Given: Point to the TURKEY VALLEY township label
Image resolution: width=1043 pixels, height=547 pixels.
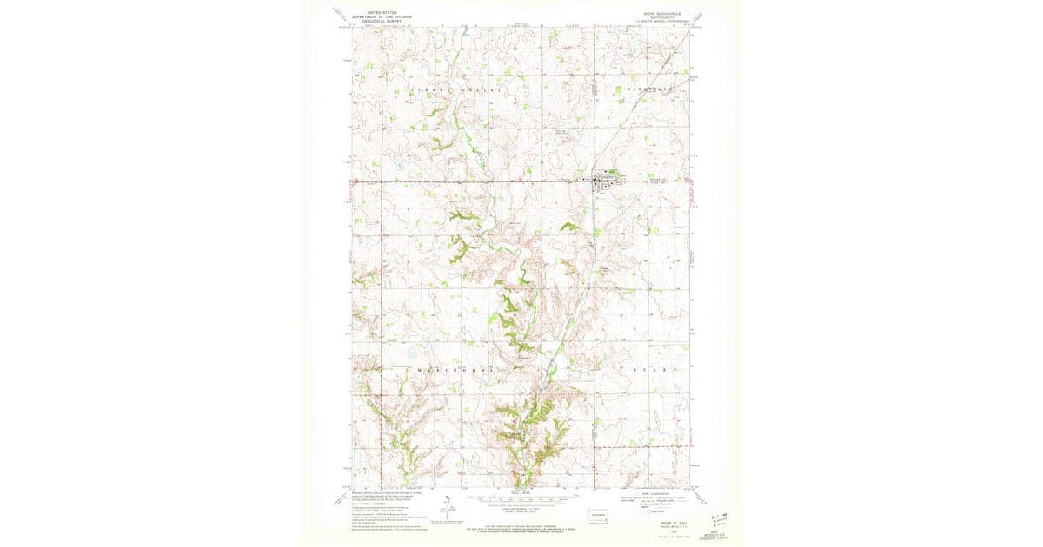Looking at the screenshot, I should coord(455,90).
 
